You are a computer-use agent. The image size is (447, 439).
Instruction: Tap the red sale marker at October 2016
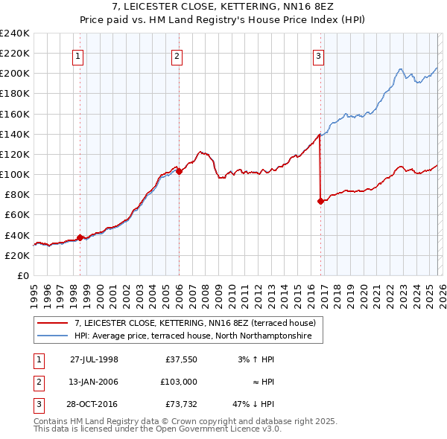[320, 201]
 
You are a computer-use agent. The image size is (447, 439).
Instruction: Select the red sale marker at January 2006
[179, 171]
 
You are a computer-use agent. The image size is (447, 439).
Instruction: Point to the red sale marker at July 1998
[80, 237]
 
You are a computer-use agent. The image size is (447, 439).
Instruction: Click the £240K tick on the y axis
[15, 33]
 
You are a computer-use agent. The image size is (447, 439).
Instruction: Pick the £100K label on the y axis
[15, 174]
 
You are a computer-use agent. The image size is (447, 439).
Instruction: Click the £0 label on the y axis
[22, 275]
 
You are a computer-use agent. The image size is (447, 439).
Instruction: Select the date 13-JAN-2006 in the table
[94, 382]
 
